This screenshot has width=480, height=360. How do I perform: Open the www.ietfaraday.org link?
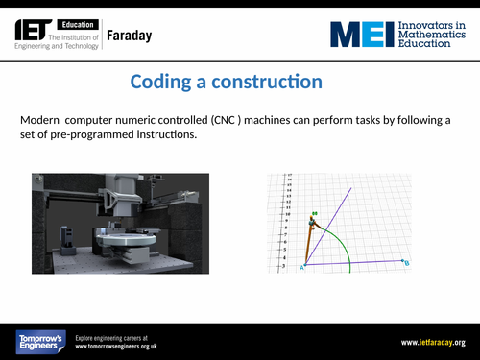[x=433, y=342]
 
